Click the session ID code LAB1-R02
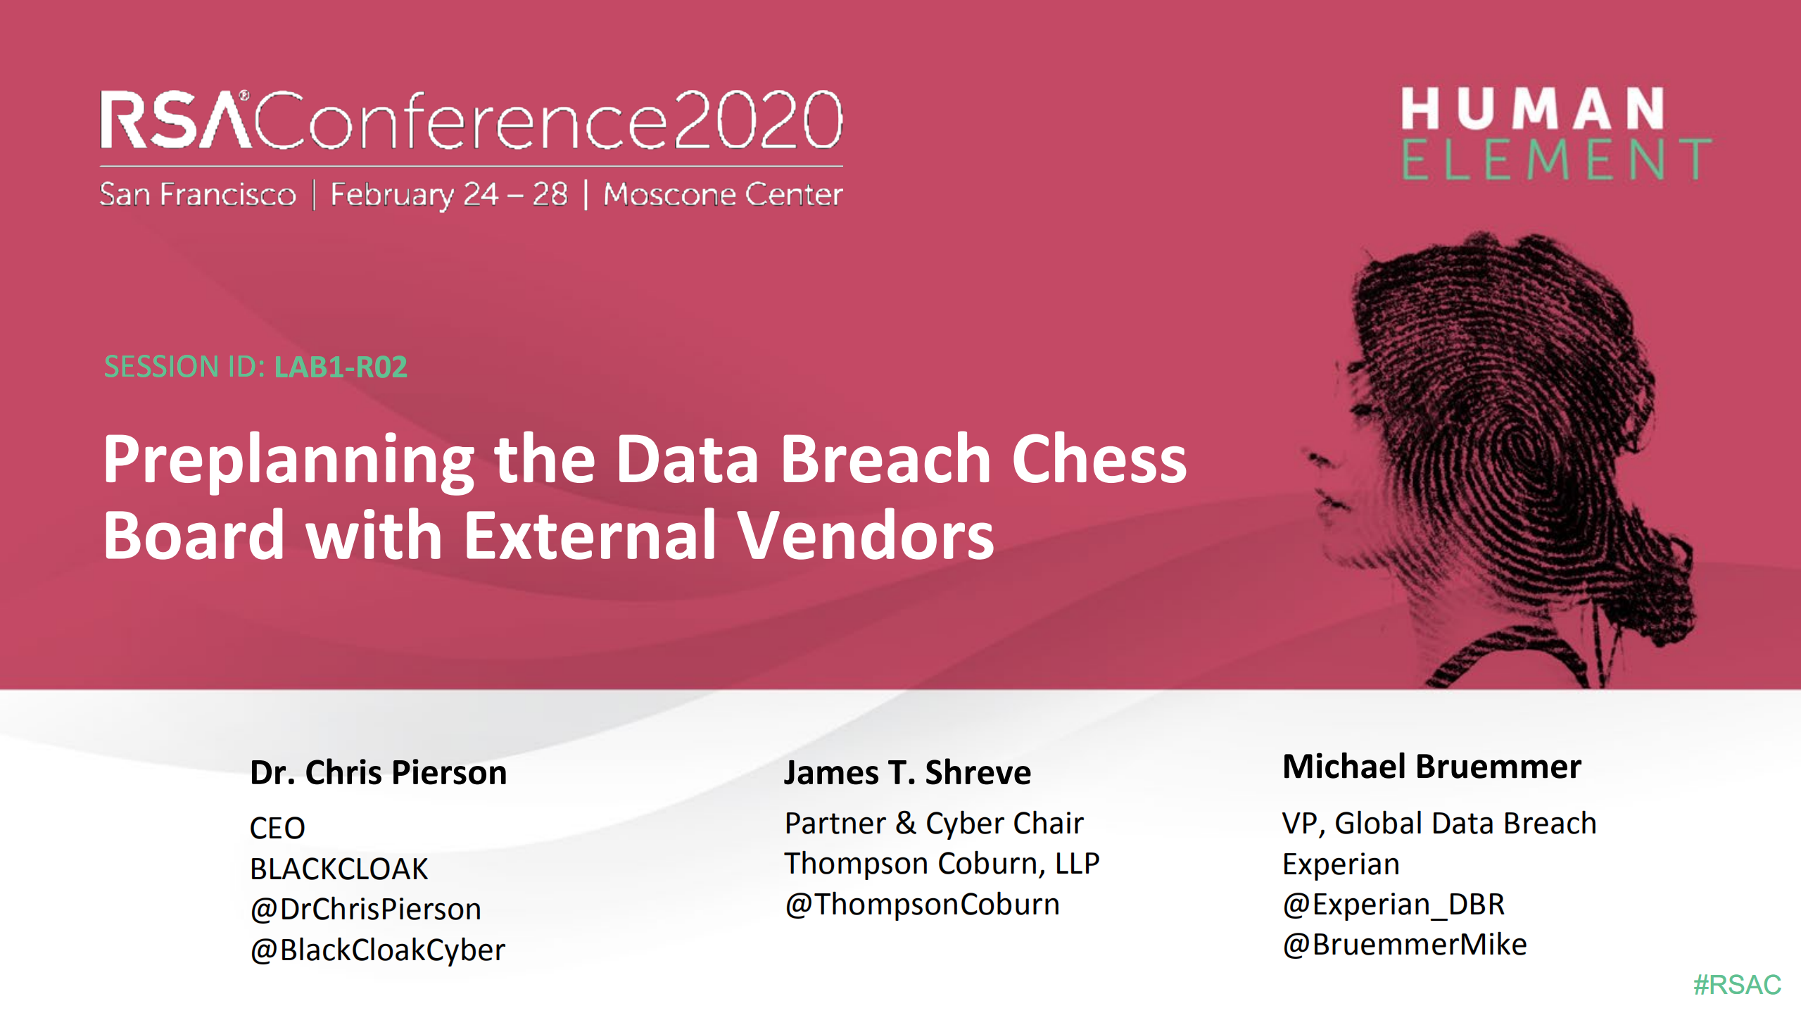tap(341, 367)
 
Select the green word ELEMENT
tap(1556, 160)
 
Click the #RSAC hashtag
tap(1736, 984)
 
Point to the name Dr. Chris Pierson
tap(378, 772)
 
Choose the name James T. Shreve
tap(907, 772)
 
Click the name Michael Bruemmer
tap(1432, 767)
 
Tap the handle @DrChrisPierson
tap(365, 909)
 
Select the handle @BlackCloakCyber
tap(377, 950)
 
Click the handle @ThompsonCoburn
tap(922, 904)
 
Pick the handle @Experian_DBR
tap(1393, 904)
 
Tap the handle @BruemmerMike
tap(1404, 944)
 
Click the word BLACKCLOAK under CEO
tap(339, 869)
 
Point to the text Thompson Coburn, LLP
tap(942, 863)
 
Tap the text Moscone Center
tap(723, 194)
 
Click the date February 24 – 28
tap(449, 194)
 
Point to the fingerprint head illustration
tap(1506, 451)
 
